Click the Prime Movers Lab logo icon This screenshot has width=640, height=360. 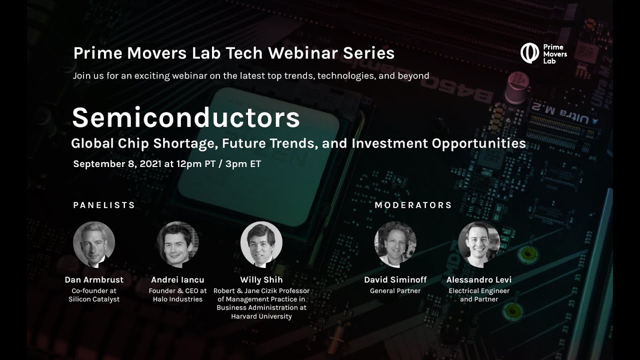[529, 53]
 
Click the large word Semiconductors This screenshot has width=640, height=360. [186, 118]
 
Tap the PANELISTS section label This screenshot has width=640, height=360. [104, 205]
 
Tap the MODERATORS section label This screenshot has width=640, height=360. [413, 205]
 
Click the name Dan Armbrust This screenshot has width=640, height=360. [94, 280]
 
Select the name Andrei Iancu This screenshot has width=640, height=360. [177, 280]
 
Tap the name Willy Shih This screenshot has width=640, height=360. [261, 280]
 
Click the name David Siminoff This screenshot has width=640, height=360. [395, 280]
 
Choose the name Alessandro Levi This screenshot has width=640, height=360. [478, 280]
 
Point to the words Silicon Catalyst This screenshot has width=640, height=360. [94, 299]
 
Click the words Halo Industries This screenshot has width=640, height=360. [177, 299]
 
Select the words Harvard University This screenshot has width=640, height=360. [261, 316]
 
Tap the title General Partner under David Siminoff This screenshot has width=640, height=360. [395, 290]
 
